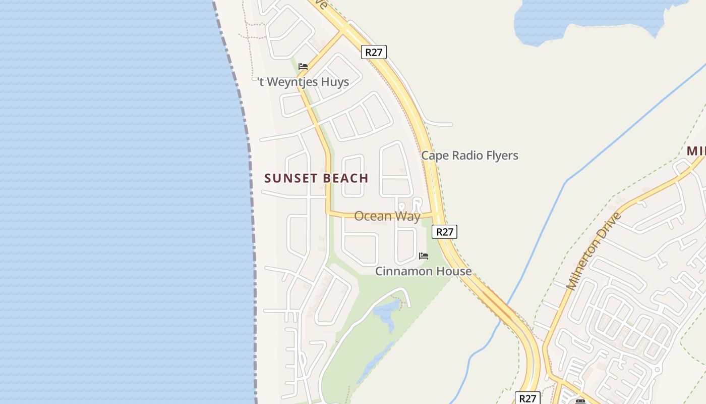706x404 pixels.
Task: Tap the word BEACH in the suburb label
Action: point(344,178)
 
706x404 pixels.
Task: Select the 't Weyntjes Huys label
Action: point(303,82)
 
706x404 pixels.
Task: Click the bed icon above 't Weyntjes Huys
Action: point(303,67)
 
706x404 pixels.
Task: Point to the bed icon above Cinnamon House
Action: point(424,256)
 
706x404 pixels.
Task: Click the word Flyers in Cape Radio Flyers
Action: point(500,156)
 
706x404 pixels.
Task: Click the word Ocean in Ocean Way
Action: point(373,216)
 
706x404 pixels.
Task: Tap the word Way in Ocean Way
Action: point(408,216)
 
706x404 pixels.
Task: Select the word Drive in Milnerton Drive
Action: point(613,223)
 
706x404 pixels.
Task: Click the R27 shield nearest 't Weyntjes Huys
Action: point(374,52)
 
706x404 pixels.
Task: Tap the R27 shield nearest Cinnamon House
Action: point(444,232)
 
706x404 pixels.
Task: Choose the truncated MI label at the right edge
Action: point(696,151)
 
